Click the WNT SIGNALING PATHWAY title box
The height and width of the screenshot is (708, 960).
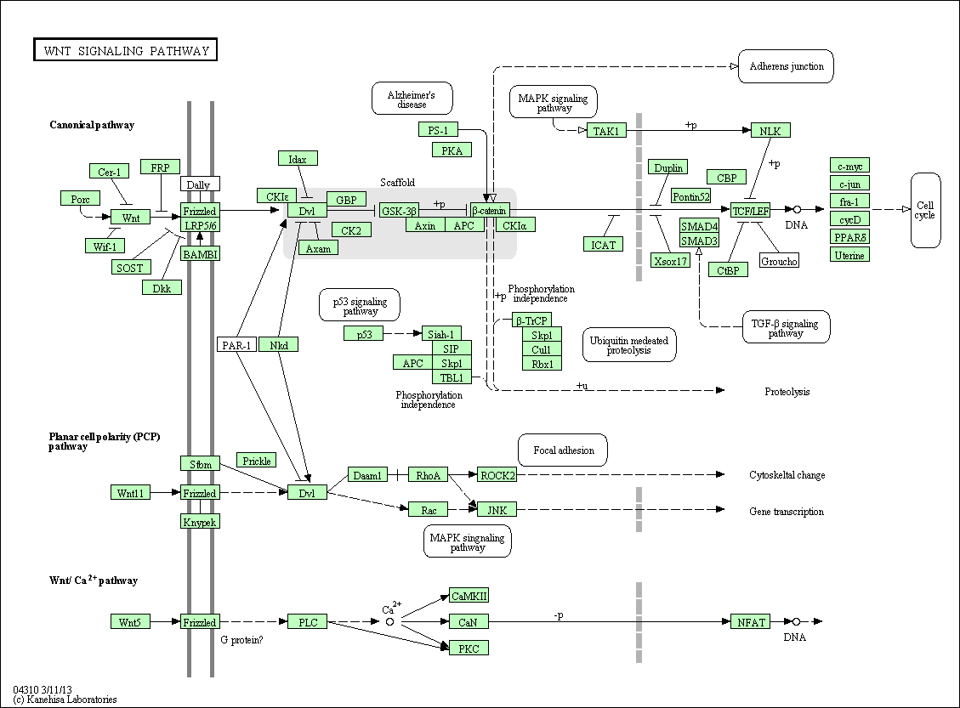coord(125,50)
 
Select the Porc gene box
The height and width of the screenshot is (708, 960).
coord(80,199)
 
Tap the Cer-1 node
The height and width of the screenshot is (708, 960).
coord(108,172)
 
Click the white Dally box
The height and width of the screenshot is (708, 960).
coord(199,184)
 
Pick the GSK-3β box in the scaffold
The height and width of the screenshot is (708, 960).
coord(398,211)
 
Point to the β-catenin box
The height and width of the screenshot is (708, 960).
coord(489,211)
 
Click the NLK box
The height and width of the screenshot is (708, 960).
coord(770,130)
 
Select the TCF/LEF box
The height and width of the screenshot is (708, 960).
coord(749,209)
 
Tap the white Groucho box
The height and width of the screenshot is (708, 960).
coord(779,261)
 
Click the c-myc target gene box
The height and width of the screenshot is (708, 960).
coord(849,165)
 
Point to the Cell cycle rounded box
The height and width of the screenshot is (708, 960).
coord(925,210)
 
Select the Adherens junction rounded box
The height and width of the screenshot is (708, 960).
coord(786,66)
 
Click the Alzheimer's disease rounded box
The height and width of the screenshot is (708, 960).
coord(412,99)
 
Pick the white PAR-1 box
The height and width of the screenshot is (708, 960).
coord(236,344)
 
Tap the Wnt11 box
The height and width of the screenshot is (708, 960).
coord(131,493)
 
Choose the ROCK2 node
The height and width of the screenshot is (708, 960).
coord(497,475)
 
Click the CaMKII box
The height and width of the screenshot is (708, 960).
coord(469,596)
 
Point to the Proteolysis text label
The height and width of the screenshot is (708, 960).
coord(787,392)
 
